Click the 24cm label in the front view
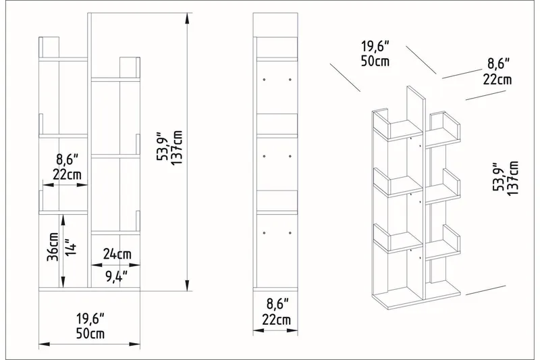tap(117, 254)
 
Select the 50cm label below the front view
tap(89, 333)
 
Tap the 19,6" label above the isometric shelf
tap(375, 47)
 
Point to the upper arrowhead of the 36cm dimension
tap(63, 218)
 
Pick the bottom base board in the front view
tap(89, 289)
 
